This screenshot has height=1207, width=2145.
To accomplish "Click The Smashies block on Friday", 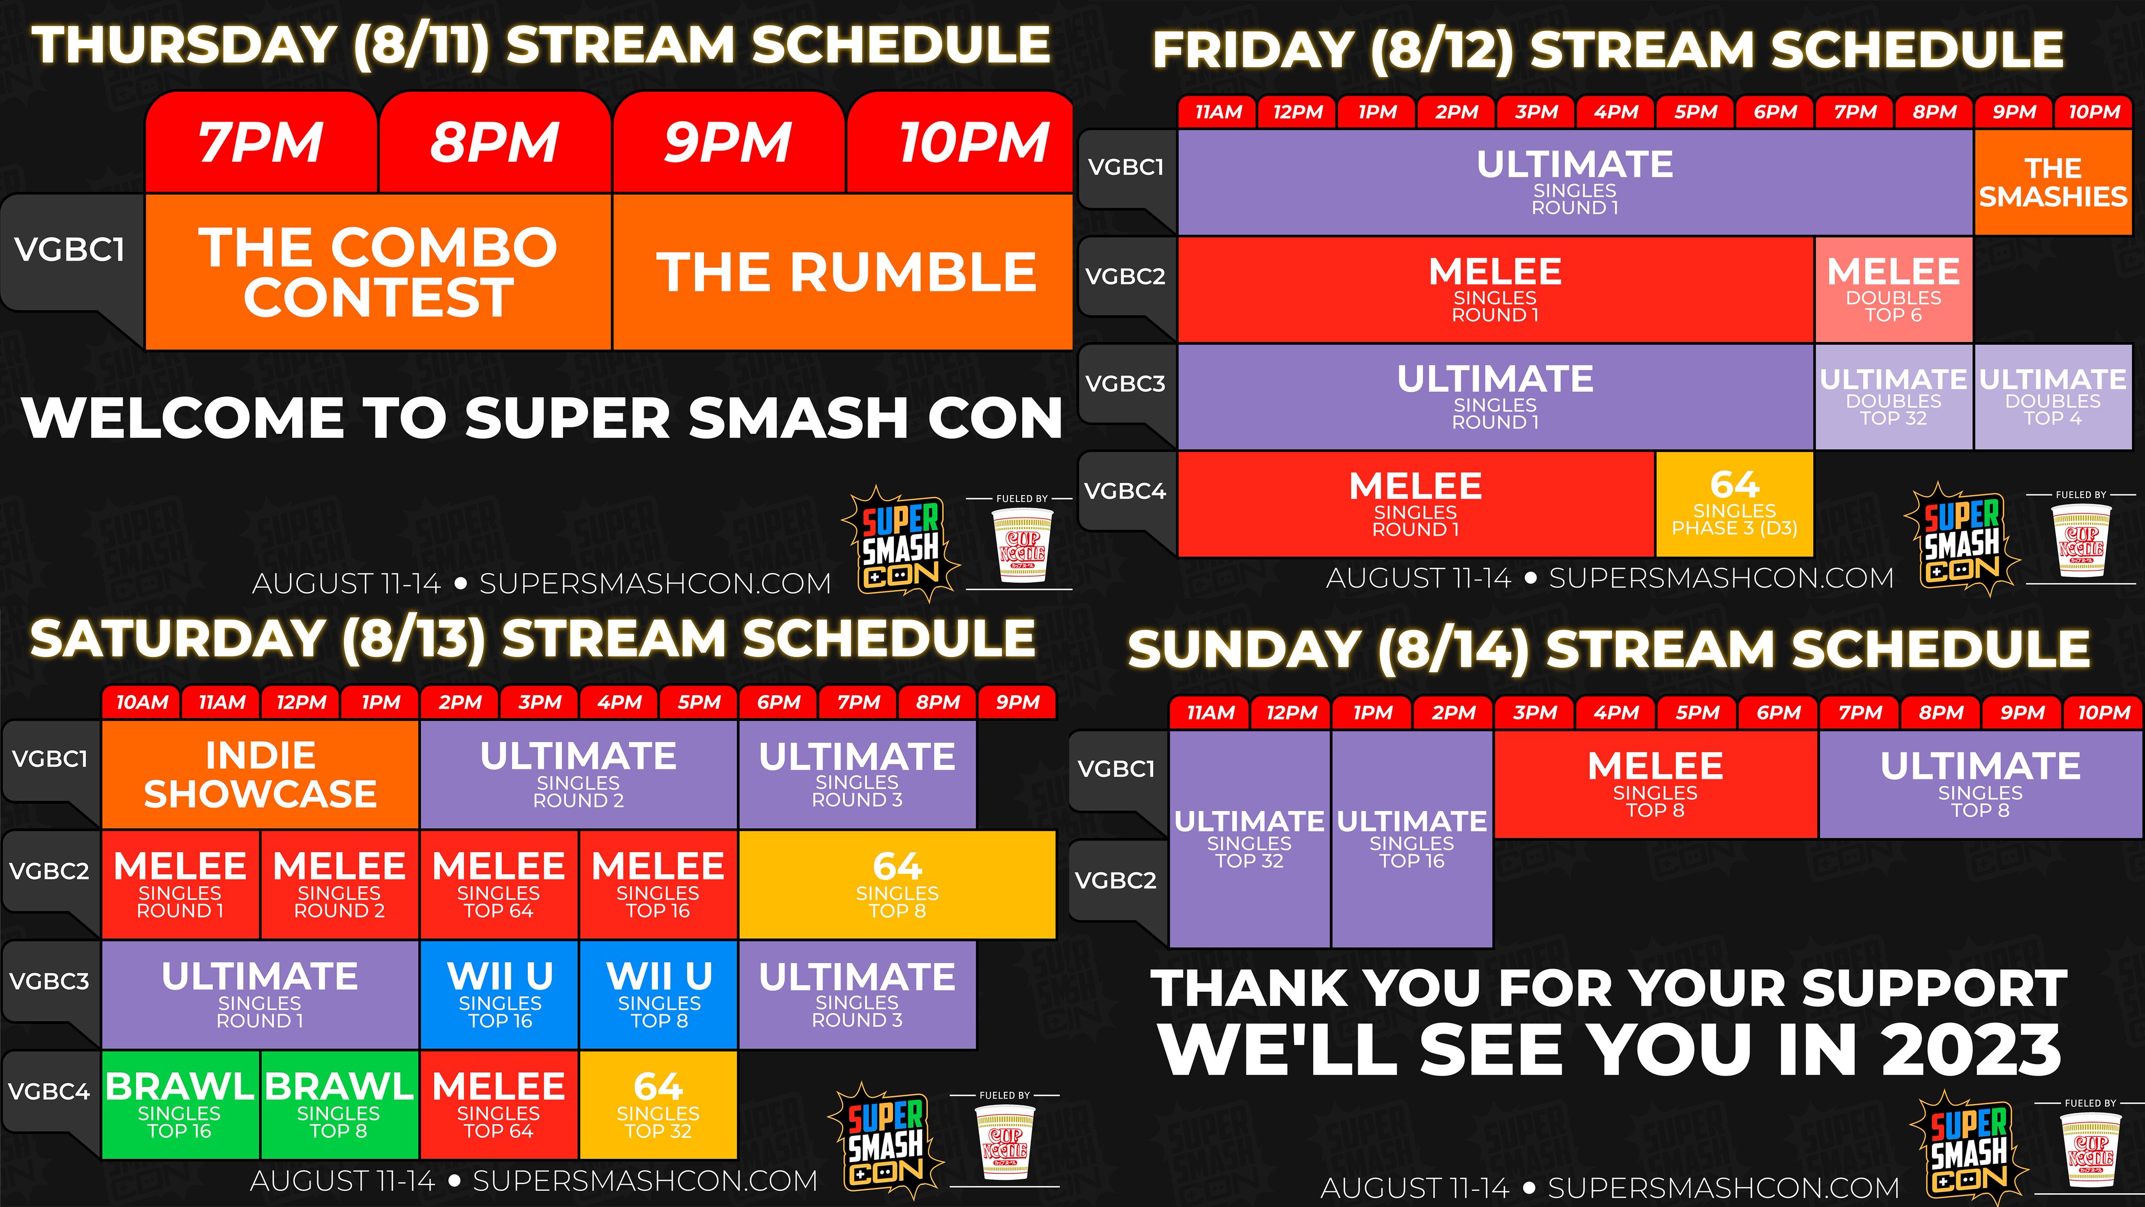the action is click(2053, 182).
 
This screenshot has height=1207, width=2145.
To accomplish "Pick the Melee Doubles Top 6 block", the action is click(1894, 289).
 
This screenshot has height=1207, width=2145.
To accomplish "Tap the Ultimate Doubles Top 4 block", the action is click(2053, 397).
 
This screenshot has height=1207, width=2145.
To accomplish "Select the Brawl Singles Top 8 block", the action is click(339, 1104).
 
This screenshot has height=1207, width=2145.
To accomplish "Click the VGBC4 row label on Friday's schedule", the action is click(1126, 491).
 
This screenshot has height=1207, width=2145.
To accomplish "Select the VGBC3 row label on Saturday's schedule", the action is click(50, 981).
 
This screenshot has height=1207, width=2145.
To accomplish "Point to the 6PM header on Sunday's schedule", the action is click(1778, 713).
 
